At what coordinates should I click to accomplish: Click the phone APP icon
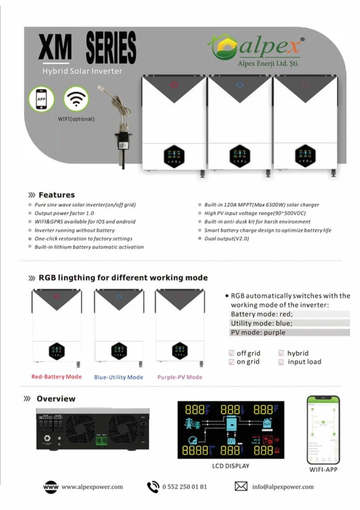point(41,99)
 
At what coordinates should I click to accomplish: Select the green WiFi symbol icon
point(76,99)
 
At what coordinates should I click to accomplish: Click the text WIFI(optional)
point(76,119)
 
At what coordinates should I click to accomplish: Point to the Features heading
point(57,195)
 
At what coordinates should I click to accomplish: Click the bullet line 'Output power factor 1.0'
point(64,214)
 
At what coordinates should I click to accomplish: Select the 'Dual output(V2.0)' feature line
point(227,239)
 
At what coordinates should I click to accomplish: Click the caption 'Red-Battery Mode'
point(57,377)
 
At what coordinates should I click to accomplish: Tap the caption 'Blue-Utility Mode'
point(119,377)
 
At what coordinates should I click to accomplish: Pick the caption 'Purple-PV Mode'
point(180,377)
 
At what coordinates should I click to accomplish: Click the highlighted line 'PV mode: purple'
point(258,332)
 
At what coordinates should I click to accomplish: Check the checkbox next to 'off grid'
point(232,354)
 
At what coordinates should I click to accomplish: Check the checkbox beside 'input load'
point(281,362)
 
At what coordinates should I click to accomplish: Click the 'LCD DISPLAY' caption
point(230,466)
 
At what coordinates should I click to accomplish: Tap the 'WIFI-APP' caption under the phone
point(322,470)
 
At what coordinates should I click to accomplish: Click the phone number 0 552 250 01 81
point(185,487)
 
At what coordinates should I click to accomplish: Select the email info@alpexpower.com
point(283,487)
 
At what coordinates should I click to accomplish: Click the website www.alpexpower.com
point(92,487)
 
